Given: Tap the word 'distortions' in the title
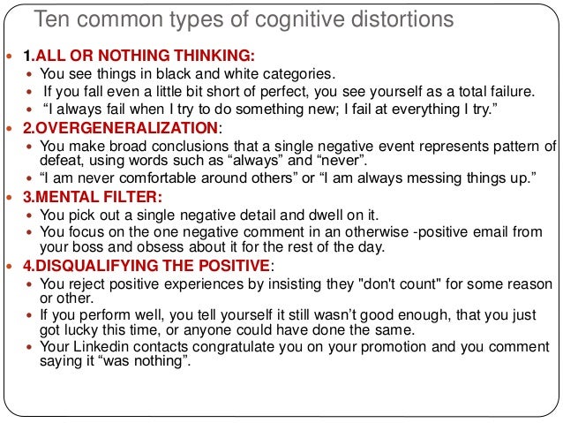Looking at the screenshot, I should (x=375, y=19).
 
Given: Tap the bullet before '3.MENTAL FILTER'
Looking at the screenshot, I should (x=10, y=196).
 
